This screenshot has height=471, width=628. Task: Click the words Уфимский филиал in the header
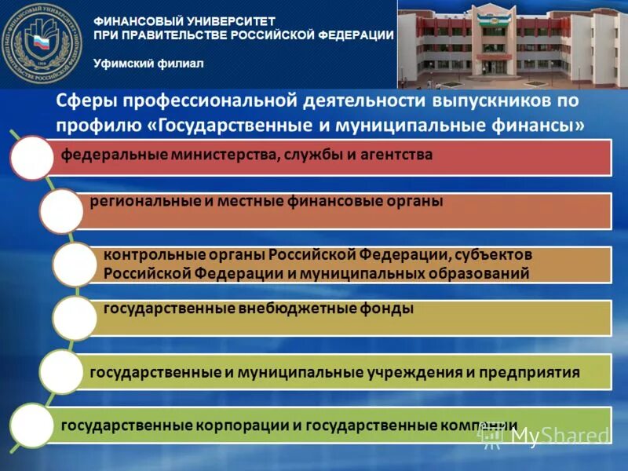tap(148, 64)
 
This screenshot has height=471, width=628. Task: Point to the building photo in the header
tap(512, 44)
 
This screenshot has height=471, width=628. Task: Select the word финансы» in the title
tap(541, 125)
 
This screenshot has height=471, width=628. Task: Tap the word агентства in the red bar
tap(396, 155)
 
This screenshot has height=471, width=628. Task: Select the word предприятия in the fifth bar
tap(531, 371)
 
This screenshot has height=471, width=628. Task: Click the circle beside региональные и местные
tap(61, 210)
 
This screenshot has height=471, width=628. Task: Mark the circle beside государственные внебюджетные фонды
tap(75, 318)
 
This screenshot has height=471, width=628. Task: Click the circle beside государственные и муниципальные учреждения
tap(61, 372)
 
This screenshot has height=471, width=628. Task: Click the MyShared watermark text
tap(559, 435)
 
